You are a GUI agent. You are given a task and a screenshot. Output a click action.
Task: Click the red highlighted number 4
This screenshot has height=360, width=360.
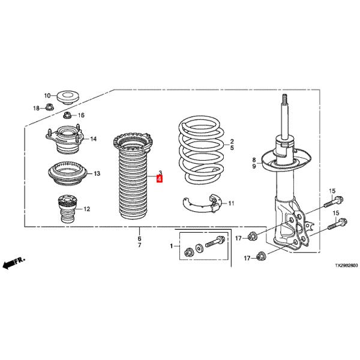tap(160, 179)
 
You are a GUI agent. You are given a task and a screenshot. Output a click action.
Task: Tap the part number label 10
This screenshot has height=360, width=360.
tap(47, 95)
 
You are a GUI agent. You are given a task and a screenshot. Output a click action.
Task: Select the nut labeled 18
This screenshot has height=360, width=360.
tap(49, 107)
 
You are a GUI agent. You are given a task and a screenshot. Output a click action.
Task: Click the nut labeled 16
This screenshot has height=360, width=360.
tap(67, 115)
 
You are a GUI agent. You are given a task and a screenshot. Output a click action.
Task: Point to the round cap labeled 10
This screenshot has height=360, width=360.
tap(68, 98)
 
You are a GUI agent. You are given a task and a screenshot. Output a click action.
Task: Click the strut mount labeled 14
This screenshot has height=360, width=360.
tap(64, 139)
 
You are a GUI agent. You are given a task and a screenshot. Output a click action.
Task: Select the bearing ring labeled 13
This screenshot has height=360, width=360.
tap(67, 174)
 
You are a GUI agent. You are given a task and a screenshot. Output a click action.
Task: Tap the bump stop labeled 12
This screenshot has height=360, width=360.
tap(67, 209)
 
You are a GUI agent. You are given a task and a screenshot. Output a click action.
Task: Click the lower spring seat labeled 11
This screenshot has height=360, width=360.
tap(202, 203)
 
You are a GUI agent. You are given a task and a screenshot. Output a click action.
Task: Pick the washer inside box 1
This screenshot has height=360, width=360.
tap(199, 248)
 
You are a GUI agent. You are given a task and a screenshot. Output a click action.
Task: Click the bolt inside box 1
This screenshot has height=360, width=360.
tap(215, 242)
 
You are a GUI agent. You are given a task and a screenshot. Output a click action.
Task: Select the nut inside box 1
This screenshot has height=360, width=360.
tap(189, 253)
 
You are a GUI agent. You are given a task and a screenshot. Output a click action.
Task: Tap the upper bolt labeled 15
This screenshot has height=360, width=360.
tap(334, 202)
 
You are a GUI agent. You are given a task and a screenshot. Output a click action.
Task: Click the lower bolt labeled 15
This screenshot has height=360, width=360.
tap(337, 224)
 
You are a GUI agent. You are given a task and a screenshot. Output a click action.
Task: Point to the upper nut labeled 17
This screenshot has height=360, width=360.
tap(252, 236)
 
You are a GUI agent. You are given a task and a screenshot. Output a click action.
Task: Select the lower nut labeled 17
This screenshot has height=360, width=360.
tap(260, 256)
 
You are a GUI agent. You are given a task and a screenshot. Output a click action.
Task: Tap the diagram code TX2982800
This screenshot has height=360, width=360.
tap(346, 266)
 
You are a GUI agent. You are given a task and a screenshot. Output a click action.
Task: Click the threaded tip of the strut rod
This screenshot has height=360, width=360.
tap(284, 99)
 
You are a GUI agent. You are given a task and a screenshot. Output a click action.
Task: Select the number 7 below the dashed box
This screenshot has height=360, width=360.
tap(139, 245)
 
